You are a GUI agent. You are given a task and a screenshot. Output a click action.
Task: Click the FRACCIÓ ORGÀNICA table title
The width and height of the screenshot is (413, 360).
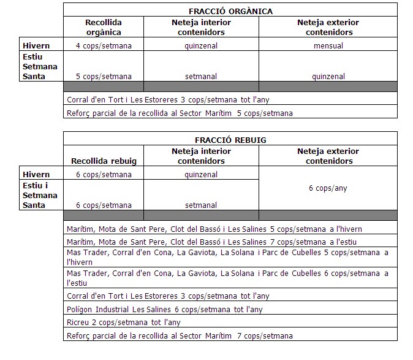pos(230,11)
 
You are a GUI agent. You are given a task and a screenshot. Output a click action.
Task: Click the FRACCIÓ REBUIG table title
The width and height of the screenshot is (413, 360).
pos(230,140)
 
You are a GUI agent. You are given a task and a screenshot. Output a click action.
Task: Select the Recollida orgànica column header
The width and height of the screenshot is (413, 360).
pos(103,27)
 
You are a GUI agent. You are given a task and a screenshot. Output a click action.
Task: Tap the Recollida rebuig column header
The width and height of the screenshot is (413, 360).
pos(103,161)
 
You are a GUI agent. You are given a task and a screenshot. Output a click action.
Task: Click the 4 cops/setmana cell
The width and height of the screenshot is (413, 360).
pos(104,45)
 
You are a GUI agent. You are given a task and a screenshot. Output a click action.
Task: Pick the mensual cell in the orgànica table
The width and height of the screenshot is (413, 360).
pos(328,45)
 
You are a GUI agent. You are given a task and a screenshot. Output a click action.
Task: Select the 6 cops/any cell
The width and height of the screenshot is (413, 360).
pos(328,188)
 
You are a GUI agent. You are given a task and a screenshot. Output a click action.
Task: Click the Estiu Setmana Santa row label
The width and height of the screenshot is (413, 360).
pos(40,66)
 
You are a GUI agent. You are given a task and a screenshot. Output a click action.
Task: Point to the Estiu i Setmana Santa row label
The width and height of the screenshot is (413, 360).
pos(40,195)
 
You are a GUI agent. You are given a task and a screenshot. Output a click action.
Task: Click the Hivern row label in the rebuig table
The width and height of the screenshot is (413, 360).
pos(36,175)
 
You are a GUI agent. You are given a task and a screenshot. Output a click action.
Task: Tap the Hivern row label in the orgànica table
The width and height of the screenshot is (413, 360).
pos(36,45)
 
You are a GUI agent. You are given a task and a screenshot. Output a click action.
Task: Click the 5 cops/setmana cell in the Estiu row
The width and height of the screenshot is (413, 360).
pos(104,77)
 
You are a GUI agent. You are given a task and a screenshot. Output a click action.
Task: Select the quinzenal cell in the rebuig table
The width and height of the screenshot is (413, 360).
pos(201,175)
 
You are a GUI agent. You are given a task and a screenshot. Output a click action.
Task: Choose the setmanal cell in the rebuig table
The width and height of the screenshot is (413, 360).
pos(201,205)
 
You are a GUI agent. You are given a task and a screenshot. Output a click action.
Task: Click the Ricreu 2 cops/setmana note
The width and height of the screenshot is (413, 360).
pos(123,322)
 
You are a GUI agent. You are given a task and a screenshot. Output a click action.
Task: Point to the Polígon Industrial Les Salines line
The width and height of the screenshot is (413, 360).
pos(164,310)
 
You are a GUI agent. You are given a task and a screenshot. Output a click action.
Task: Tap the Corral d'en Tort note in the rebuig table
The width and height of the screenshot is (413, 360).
pos(167,296)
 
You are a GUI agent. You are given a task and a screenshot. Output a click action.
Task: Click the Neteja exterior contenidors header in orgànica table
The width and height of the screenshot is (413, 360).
pos(328,27)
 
